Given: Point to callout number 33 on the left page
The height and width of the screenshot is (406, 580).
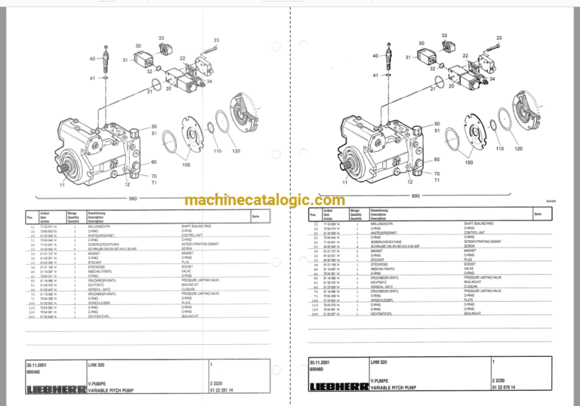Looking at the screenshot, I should click(161, 38).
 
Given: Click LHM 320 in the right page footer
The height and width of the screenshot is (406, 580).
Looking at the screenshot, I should click(380, 363).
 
